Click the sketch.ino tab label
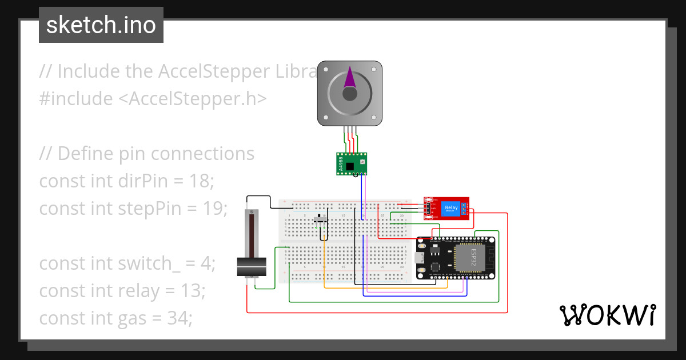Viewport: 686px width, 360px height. [101, 25]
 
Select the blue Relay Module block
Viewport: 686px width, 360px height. [451, 209]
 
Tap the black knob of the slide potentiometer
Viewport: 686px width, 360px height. [252, 266]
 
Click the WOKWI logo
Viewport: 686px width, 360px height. [607, 315]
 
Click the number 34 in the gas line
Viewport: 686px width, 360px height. [180, 318]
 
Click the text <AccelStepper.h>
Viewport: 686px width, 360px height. [193, 99]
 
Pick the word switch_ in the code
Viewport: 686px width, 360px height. [143, 263]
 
